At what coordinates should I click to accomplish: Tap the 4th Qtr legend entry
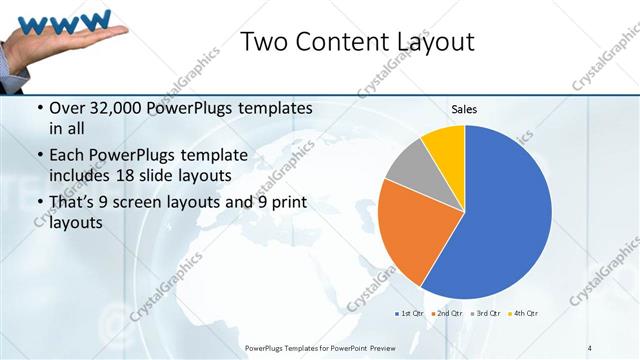pyautogui.click(x=523, y=314)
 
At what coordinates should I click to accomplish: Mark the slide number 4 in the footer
pyautogui.click(x=590, y=347)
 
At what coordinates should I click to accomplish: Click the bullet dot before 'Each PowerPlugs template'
pyautogui.click(x=39, y=156)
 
